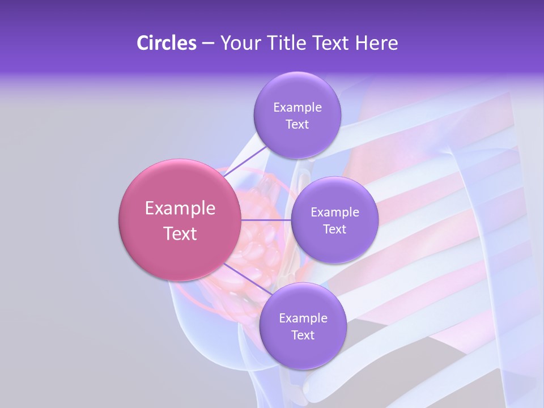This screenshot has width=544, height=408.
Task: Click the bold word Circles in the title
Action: pos(166,43)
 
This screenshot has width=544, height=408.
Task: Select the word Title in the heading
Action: pos(288,43)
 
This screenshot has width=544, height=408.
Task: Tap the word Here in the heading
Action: pos(377,43)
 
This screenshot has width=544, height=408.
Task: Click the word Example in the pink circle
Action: pos(180,209)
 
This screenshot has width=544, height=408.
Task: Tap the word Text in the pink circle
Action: pos(180,233)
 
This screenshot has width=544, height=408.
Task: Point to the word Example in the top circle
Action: pos(297,107)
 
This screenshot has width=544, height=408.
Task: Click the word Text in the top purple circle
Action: pos(297,125)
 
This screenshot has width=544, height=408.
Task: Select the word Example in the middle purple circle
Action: pos(334,212)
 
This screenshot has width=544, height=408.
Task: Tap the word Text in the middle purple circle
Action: pos(334,229)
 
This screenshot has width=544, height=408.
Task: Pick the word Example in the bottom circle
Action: pos(303,318)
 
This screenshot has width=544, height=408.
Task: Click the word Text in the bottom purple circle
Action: pos(303,335)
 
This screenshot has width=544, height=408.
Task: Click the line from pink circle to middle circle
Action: pos(266,220)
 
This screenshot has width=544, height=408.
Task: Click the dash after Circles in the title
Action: pos(207,44)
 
